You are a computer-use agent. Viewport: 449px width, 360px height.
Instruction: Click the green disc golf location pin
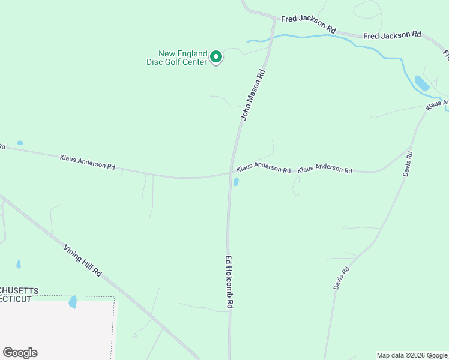[x=216, y=57]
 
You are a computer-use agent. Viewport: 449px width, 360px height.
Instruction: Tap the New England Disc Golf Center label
[x=177, y=58]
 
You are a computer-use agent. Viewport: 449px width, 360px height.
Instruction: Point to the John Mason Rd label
[x=253, y=95]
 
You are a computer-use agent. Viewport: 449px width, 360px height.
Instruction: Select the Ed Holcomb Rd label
[x=229, y=282]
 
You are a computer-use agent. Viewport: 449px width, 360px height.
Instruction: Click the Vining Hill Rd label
[x=83, y=260]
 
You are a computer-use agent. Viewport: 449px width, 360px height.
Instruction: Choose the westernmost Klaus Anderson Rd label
[x=87, y=161]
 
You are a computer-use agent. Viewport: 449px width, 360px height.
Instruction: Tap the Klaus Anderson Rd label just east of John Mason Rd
[x=264, y=167]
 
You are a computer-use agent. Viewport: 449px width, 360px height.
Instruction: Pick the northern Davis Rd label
[x=408, y=163]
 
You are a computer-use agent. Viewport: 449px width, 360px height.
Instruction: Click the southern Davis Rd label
[x=341, y=278]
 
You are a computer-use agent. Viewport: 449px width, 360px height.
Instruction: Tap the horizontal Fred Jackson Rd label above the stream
[x=392, y=35]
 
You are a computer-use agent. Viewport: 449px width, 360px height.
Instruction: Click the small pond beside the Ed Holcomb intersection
[x=236, y=181]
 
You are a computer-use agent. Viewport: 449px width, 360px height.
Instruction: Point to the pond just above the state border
[x=73, y=302]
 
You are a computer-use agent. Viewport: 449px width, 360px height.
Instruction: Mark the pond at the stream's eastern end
[x=421, y=83]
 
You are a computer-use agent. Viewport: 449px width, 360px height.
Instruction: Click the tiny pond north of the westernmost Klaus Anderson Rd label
[x=20, y=143]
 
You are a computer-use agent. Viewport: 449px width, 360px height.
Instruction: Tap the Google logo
[x=20, y=353]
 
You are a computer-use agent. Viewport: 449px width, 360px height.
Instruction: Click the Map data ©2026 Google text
[x=412, y=355]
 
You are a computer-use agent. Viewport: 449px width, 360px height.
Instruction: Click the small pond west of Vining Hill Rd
[x=19, y=264]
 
